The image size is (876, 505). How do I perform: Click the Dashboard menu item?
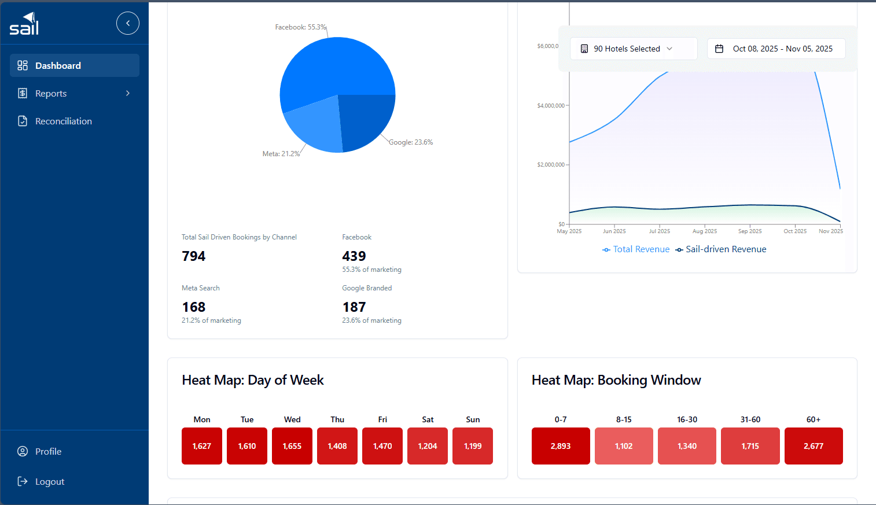[74, 65]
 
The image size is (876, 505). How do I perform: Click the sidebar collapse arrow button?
[128, 23]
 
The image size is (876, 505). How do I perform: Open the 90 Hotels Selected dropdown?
[634, 49]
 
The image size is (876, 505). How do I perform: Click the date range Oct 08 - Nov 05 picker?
[776, 49]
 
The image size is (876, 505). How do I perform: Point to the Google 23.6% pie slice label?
[411, 142]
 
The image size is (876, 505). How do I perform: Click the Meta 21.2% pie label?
[281, 154]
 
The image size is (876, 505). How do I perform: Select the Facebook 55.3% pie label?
[300, 27]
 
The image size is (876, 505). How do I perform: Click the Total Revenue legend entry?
[636, 249]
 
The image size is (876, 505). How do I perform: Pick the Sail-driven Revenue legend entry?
[721, 249]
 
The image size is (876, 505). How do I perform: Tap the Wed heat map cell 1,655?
[292, 446]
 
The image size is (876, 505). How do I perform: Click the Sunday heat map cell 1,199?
[473, 446]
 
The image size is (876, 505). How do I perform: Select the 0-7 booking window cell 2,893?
[561, 446]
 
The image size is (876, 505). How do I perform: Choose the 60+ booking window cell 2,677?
[814, 446]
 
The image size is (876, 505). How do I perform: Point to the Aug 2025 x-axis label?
[705, 231]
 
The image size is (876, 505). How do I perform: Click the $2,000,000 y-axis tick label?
[551, 164]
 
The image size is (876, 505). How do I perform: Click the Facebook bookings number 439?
[354, 256]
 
